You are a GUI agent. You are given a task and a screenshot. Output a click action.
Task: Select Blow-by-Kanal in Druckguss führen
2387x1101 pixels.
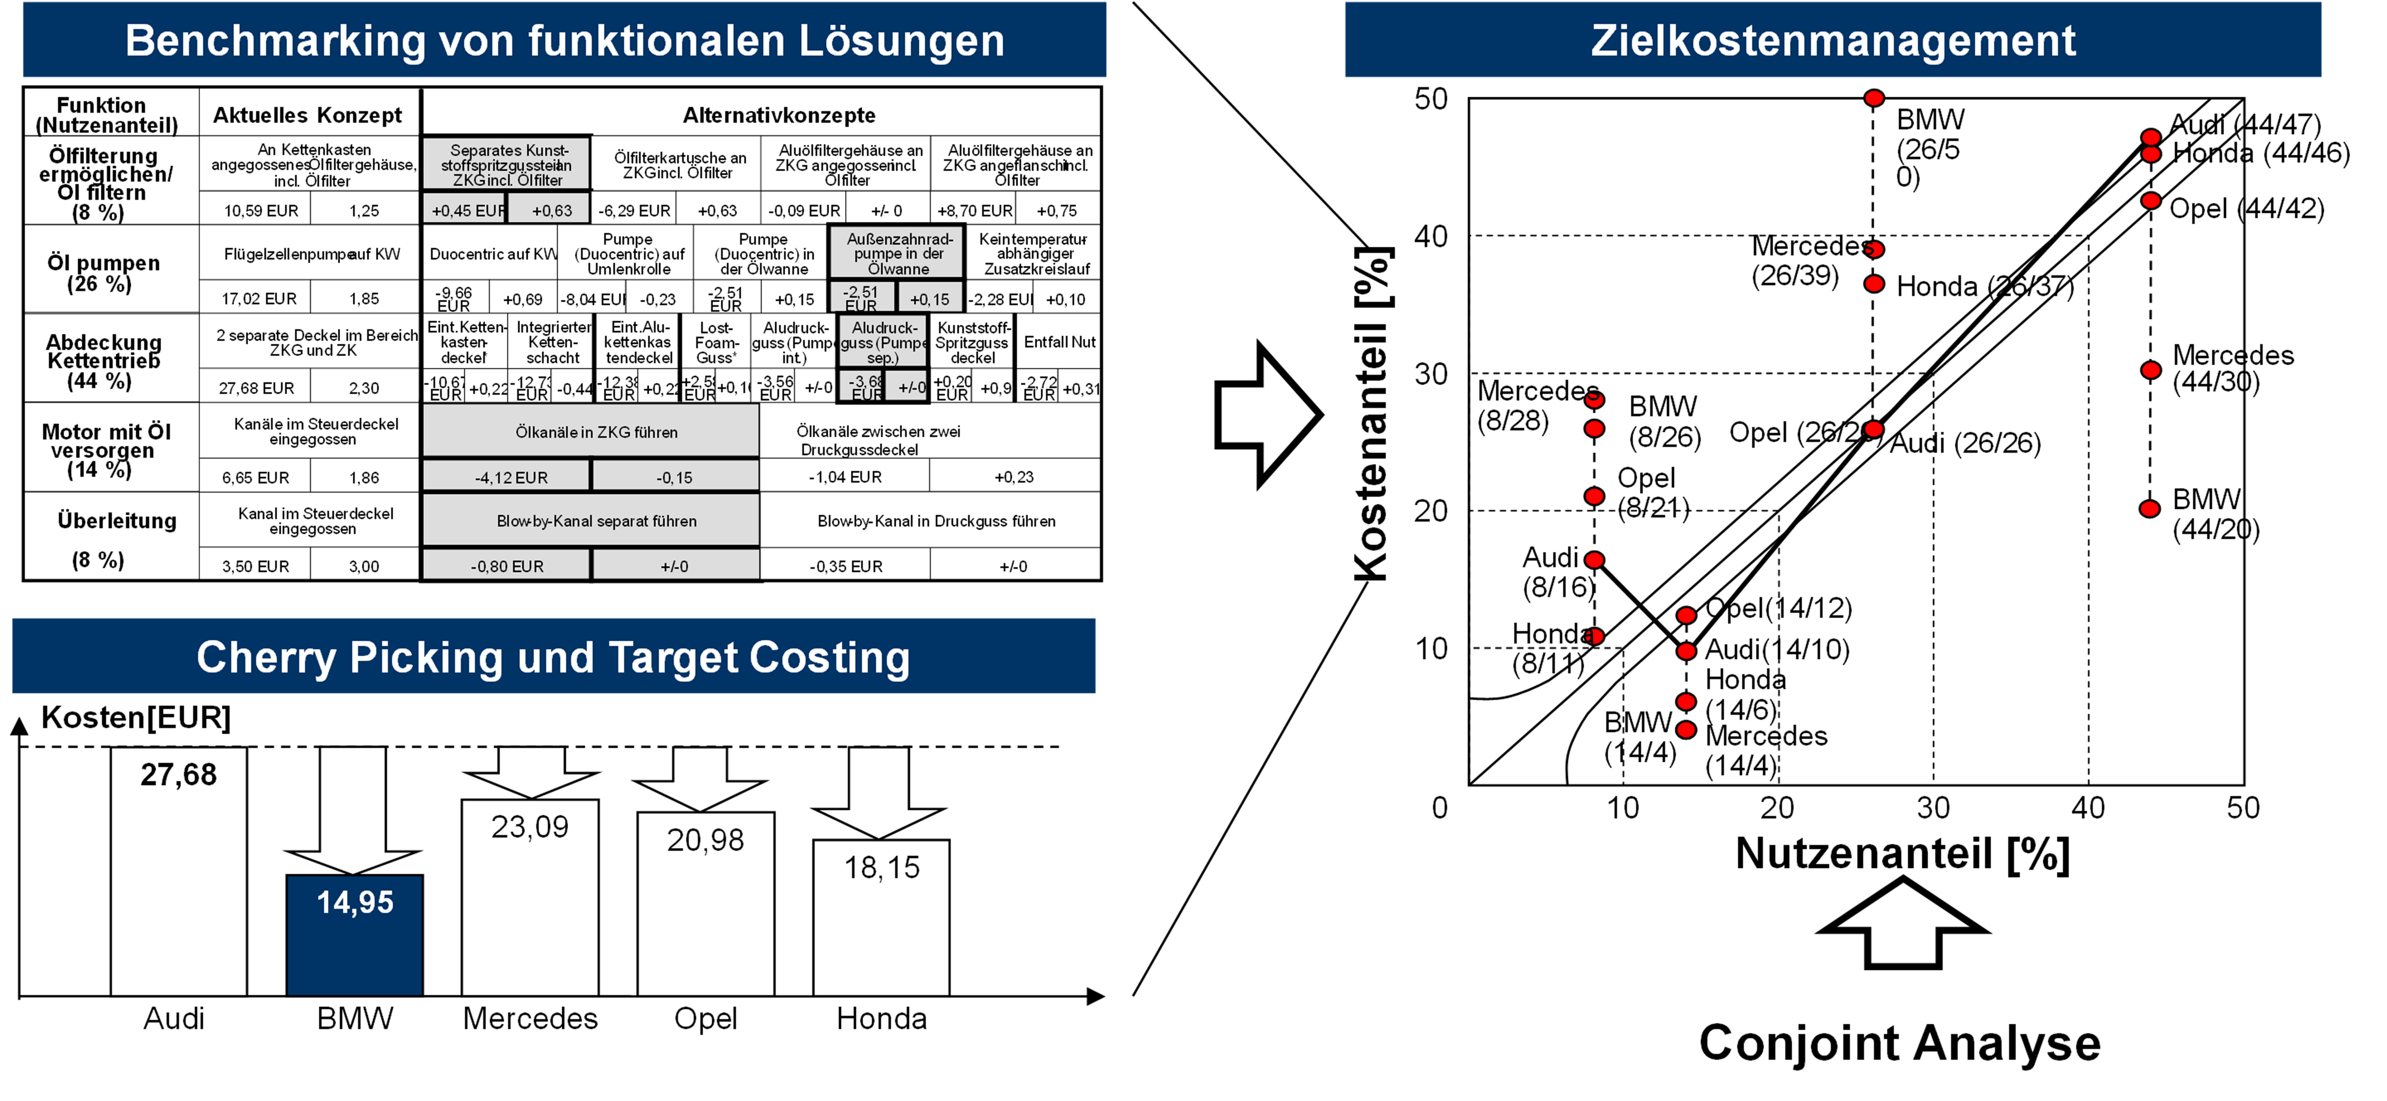pyautogui.click(x=936, y=521)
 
